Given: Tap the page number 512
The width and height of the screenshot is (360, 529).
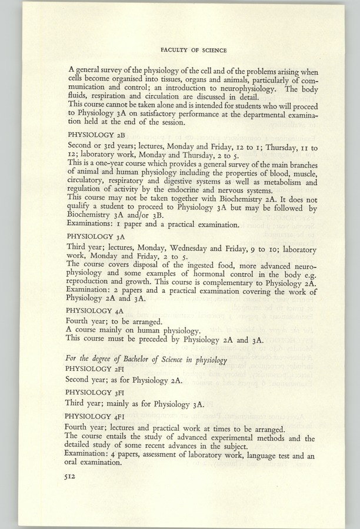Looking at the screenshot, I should tap(72, 479).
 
